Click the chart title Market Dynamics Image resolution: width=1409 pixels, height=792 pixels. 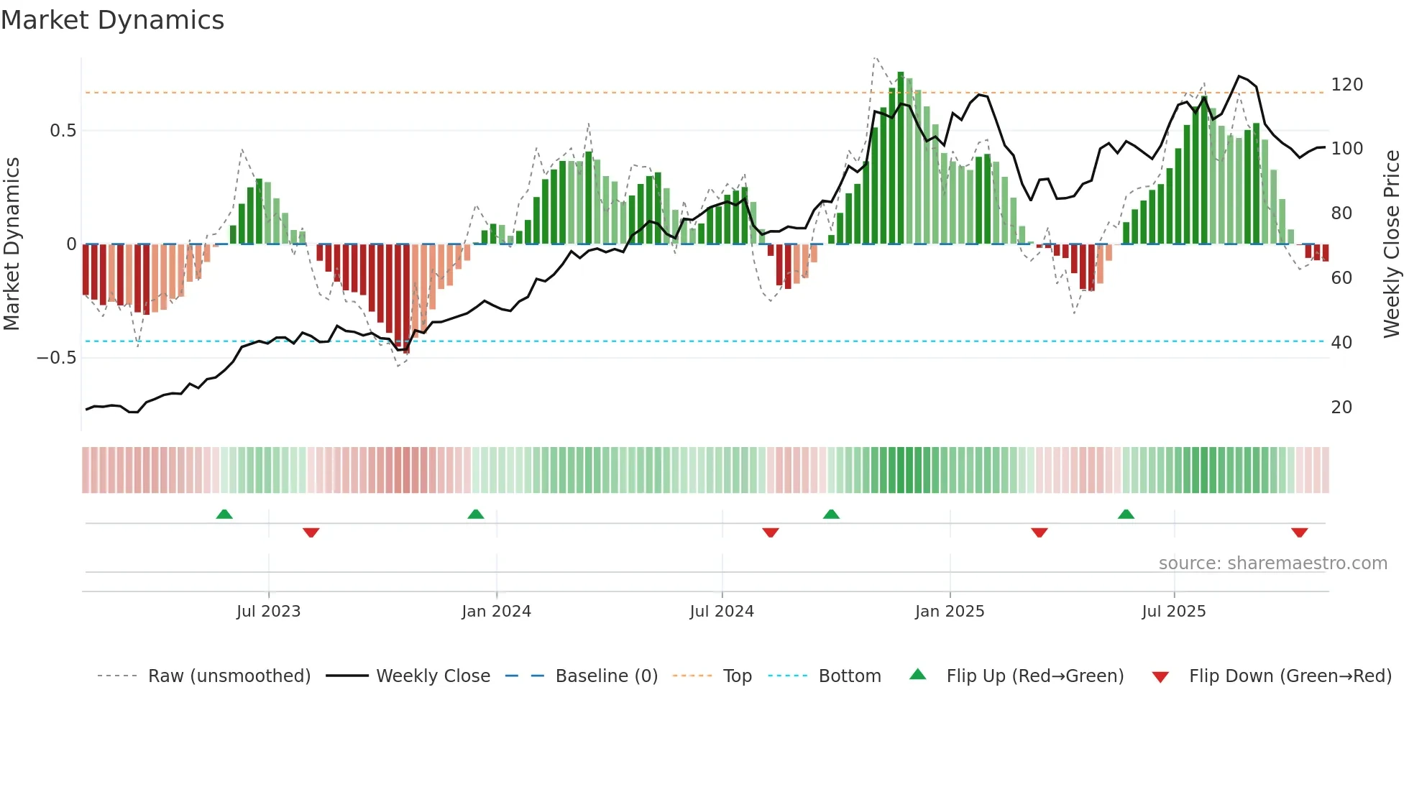point(113,20)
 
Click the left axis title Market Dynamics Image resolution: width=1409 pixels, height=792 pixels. point(12,244)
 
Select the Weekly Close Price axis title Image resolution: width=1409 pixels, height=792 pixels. point(1392,244)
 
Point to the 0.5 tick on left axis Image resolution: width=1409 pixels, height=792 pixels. point(63,131)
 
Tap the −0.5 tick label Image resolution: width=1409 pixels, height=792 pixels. point(57,358)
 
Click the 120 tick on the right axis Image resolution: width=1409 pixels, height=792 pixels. point(1346,85)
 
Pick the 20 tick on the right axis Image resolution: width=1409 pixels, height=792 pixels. point(1341,407)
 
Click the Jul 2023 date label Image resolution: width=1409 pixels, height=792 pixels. point(268,612)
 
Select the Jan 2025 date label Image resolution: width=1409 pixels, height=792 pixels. point(949,612)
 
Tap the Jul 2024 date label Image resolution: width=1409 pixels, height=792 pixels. point(721,612)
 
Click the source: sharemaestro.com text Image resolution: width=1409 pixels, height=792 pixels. point(1272,563)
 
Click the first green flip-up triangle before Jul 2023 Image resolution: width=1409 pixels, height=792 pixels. point(224,515)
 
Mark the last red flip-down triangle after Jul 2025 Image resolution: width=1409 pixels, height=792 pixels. point(1299,533)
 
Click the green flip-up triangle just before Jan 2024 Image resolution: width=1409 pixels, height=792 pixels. point(476,515)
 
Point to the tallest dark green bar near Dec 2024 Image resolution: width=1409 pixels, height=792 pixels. point(901,158)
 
